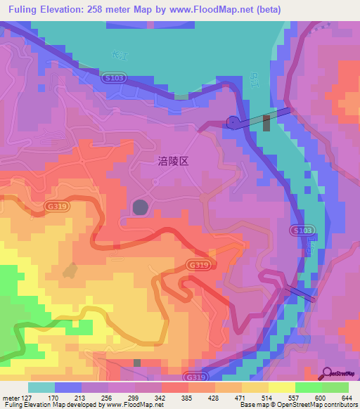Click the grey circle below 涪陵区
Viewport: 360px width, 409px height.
point(141,207)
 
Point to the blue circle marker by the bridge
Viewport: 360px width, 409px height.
point(233,122)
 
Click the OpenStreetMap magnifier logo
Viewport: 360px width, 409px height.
point(328,374)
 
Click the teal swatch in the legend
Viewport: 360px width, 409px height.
point(41,387)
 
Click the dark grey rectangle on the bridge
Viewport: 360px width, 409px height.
point(266,124)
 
